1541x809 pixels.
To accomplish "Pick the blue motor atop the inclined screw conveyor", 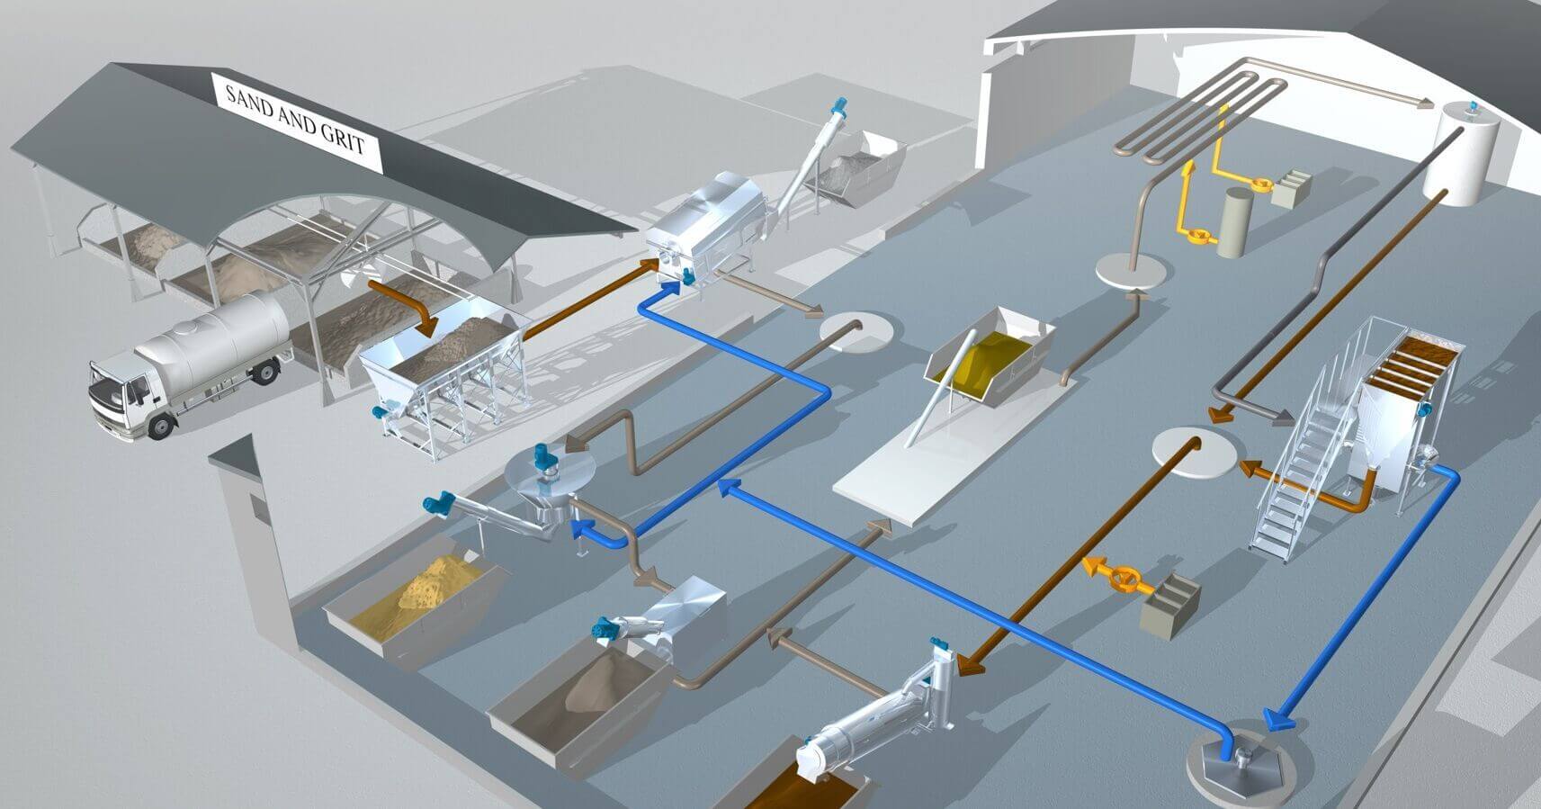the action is tap(838, 106).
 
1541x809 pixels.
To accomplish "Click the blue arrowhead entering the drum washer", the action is tap(671, 284).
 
